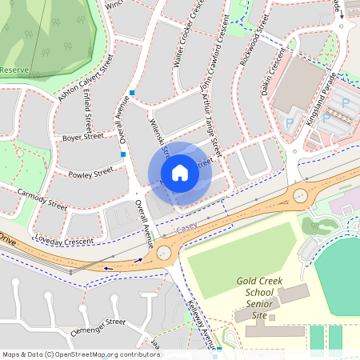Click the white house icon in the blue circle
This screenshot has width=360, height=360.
point(180,173)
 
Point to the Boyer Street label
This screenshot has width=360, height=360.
point(82,137)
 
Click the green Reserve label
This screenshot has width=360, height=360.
point(14,70)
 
